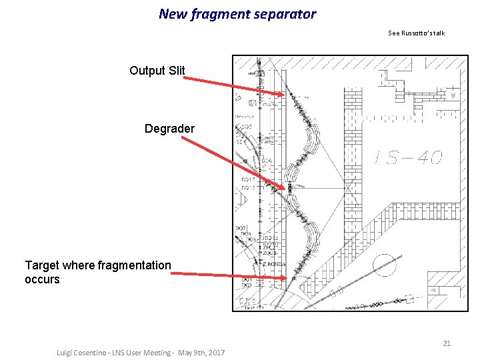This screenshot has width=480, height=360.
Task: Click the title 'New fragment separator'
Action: pyautogui.click(x=237, y=13)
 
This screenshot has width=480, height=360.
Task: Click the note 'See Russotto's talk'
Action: pyautogui.click(x=416, y=33)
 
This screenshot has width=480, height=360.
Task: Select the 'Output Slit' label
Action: pyautogui.click(x=157, y=71)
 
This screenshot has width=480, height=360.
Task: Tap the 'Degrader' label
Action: pyautogui.click(x=169, y=128)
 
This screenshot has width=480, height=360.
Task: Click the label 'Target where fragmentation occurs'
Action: pyautogui.click(x=98, y=272)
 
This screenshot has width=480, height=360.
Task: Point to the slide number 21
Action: pyautogui.click(x=447, y=343)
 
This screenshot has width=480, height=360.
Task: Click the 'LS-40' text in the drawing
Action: pyautogui.click(x=408, y=158)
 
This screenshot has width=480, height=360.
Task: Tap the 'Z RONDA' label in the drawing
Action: pyautogui.click(x=273, y=265)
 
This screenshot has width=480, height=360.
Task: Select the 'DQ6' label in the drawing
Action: pyautogui.click(x=267, y=161)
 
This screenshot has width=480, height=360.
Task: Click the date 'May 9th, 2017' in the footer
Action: pyautogui.click(x=201, y=352)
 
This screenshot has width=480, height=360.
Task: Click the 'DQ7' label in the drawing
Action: pyautogui.click(x=240, y=229)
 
